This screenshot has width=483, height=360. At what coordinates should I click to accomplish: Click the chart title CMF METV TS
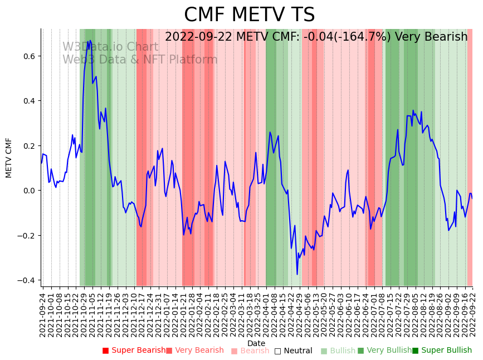pyautogui.click(x=249, y=15)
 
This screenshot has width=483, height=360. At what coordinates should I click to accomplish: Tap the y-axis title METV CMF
pyautogui.click(x=9, y=158)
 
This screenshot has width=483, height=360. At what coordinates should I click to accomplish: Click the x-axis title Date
pyautogui.click(x=256, y=343)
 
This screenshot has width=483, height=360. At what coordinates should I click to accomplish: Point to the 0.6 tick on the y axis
pyautogui.click(x=29, y=56)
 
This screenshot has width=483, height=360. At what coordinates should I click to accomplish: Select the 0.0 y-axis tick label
pyautogui.click(x=29, y=191)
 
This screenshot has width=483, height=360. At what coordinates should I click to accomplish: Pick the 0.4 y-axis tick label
pyautogui.click(x=29, y=101)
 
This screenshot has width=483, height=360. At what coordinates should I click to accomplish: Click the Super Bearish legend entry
pyautogui.click(x=134, y=351)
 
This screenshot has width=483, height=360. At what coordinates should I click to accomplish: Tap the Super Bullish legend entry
pyautogui.click(x=442, y=351)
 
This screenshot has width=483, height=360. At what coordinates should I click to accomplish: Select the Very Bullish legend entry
pyautogui.click(x=384, y=351)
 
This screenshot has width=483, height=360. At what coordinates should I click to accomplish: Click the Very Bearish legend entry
pyautogui.click(x=194, y=351)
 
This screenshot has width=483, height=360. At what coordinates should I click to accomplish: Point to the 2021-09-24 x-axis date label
pyautogui.click(x=43, y=315)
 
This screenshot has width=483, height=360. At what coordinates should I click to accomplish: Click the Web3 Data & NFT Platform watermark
pyautogui.click(x=140, y=60)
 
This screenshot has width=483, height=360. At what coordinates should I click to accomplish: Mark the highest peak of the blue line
pyautogui.click(x=90, y=41)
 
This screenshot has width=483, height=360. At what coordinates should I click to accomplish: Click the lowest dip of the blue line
pyautogui.click(x=297, y=274)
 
